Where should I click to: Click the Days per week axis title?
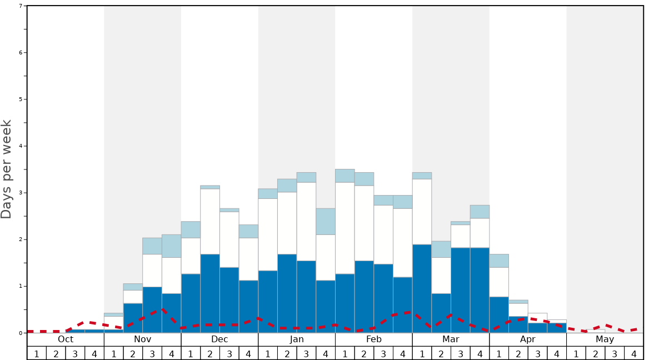pos(7,169)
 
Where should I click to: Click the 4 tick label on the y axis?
pos(21,146)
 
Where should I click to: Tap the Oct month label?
pos(66,339)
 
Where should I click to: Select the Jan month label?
pos(297,339)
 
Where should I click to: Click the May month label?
pos(605,339)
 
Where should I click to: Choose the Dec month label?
pos(219,339)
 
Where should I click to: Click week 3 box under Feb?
pos(383,353)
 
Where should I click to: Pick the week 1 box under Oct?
pos(37,353)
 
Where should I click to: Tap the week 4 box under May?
pos(634,353)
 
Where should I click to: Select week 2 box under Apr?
pos(518,353)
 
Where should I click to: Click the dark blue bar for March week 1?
pos(422,288)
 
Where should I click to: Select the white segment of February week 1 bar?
pos(345,228)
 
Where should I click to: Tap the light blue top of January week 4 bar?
pos(326,221)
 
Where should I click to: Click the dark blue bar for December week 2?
pos(210,293)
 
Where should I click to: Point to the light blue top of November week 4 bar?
pos(171,246)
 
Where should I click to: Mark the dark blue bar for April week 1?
pos(499,314)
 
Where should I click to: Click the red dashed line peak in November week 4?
pos(163,309)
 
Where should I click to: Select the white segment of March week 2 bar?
pos(441,275)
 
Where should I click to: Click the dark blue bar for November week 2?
pos(133,318)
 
